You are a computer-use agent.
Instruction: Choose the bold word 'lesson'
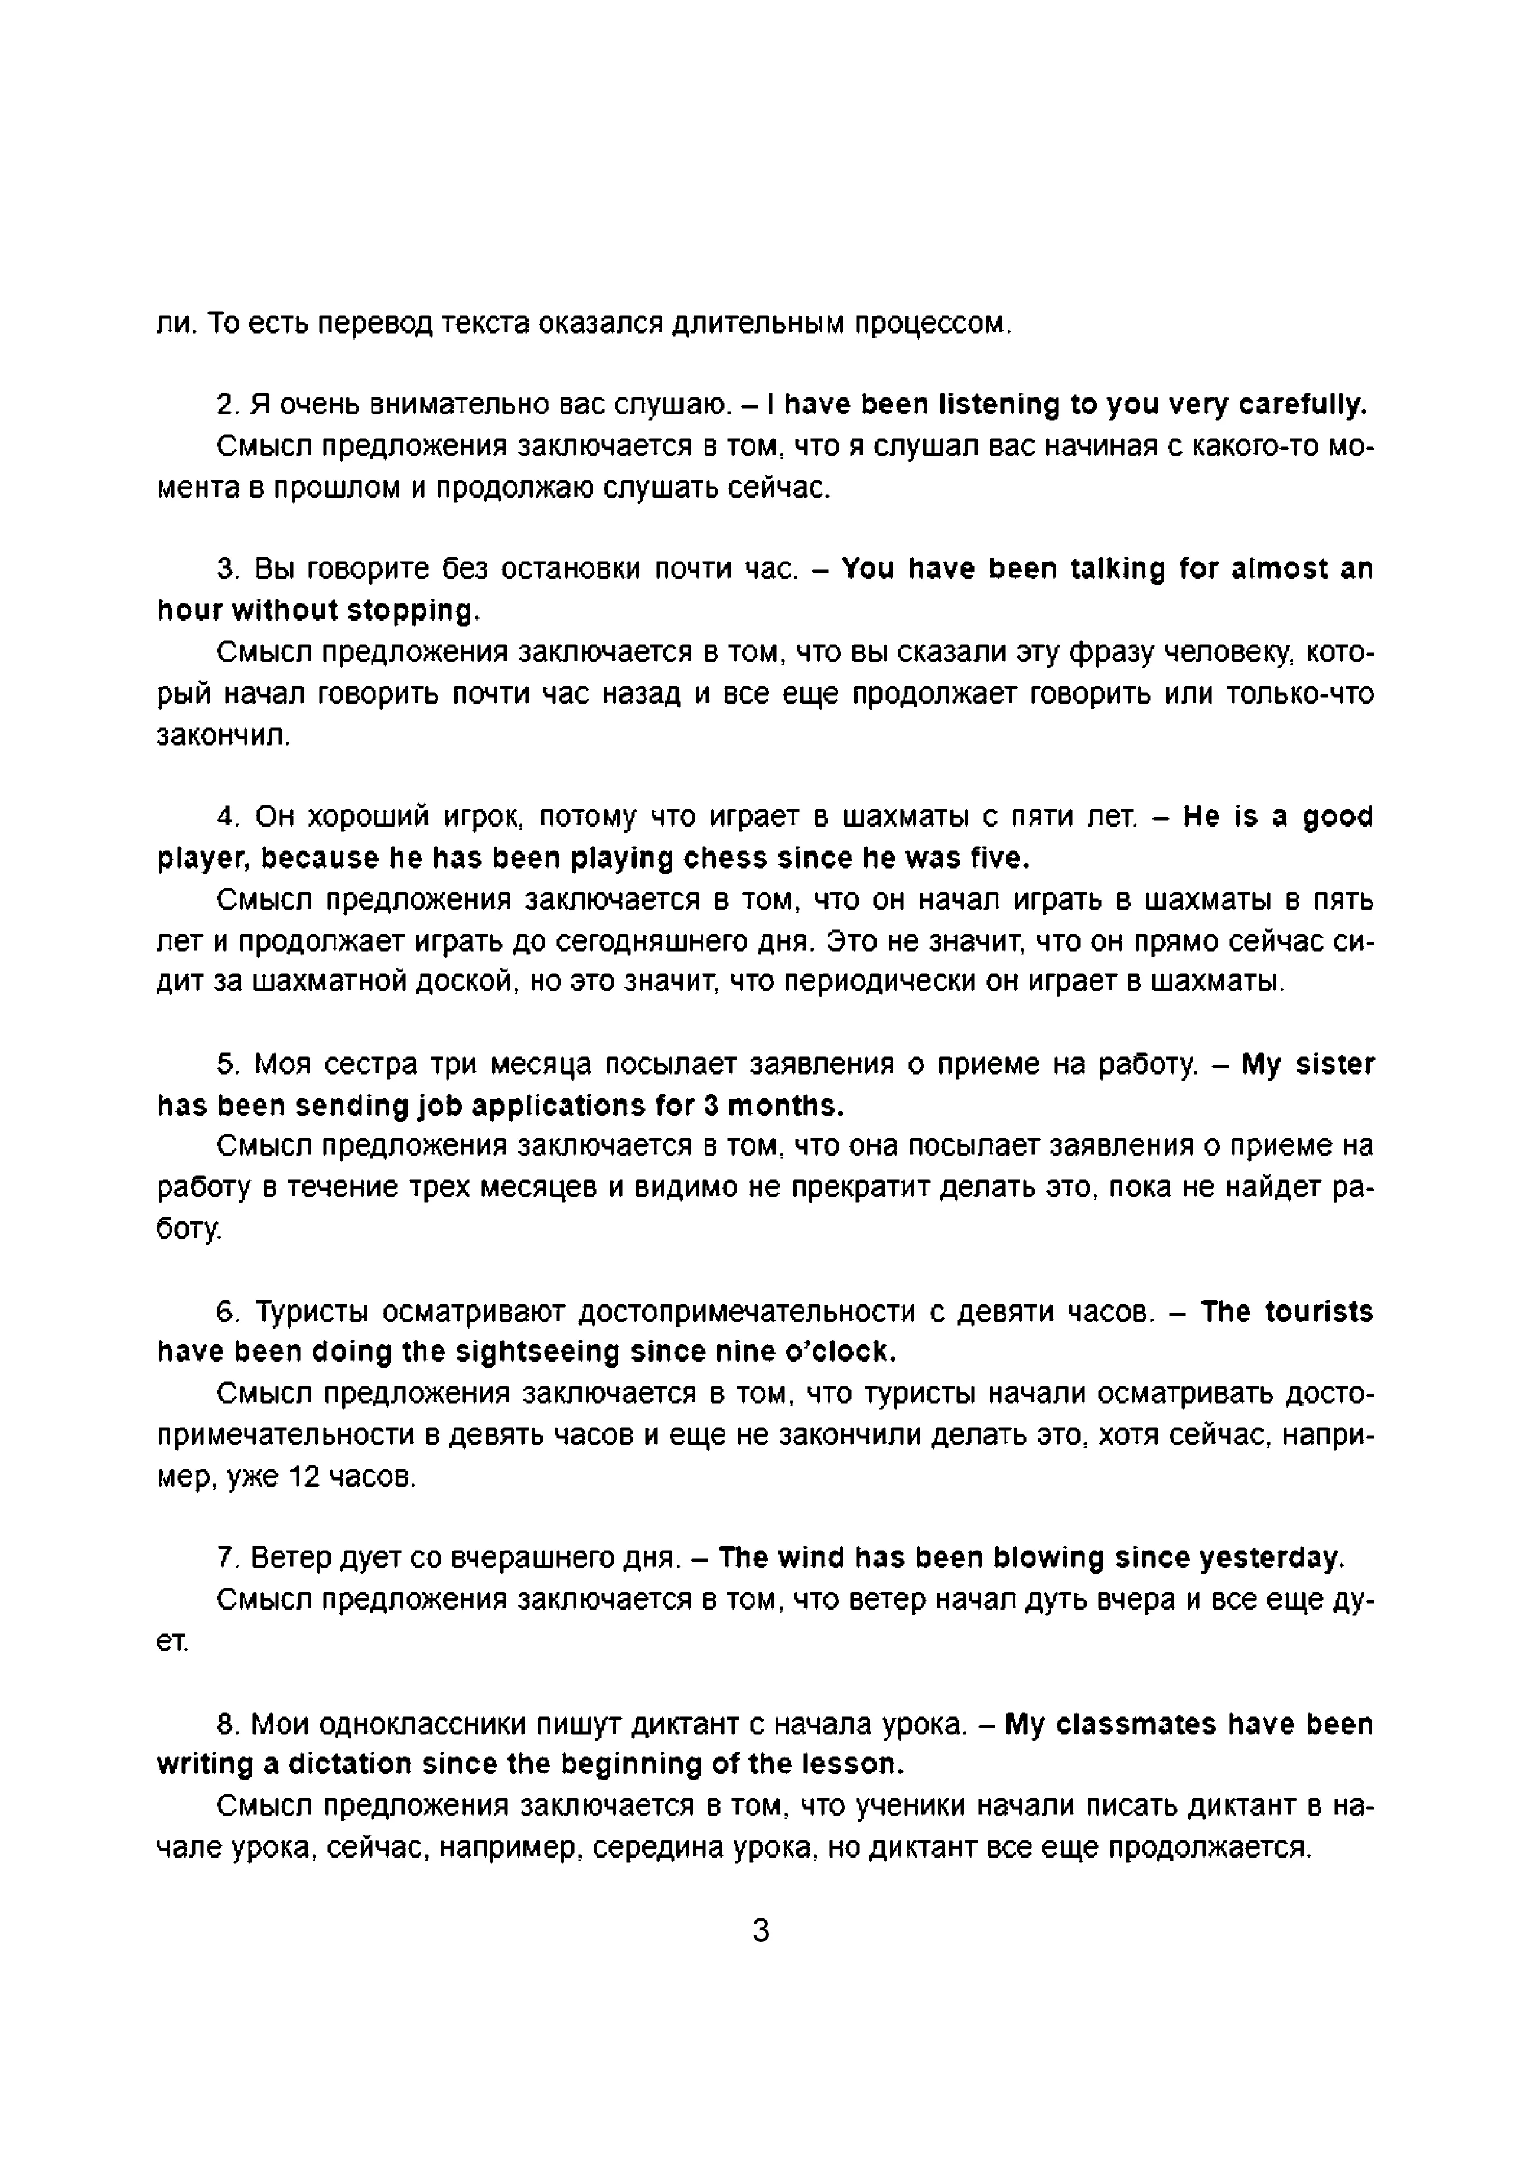pos(851,1764)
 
